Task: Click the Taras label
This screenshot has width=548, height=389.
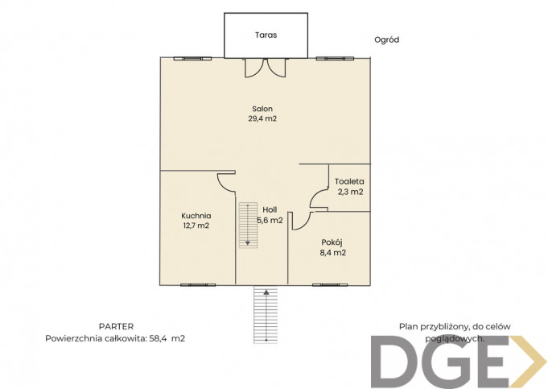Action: click(x=266, y=35)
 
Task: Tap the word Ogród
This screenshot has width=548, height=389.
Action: click(x=386, y=40)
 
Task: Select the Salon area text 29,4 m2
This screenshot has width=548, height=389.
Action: click(x=262, y=118)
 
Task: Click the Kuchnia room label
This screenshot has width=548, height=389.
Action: click(x=196, y=216)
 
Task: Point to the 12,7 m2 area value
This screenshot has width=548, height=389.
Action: click(x=196, y=226)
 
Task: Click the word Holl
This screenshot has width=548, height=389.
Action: click(x=270, y=210)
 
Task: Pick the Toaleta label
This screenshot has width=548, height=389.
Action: click(x=349, y=181)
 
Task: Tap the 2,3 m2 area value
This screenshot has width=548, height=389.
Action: click(x=350, y=192)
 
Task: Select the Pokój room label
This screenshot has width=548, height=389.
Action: click(x=332, y=242)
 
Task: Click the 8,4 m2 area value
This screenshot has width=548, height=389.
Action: click(x=332, y=253)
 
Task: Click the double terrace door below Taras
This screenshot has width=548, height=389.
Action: click(x=266, y=68)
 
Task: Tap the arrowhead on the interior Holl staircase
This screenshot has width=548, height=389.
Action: click(x=248, y=242)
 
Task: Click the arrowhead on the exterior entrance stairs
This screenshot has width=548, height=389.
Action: click(x=266, y=292)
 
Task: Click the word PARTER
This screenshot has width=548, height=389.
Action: click(x=116, y=327)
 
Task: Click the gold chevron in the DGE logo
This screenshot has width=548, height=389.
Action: click(x=528, y=362)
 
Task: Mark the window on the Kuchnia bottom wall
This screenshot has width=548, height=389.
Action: click(x=198, y=285)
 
